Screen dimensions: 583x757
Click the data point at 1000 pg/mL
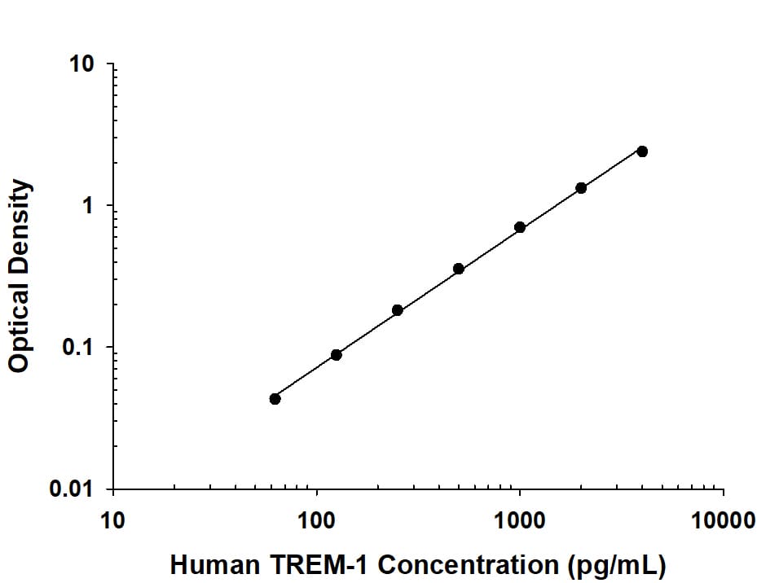520,227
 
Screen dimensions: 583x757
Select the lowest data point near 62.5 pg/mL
275,399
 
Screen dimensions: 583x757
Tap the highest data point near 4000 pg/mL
642,151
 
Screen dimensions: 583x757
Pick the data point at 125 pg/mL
337,355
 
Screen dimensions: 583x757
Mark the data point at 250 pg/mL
398,310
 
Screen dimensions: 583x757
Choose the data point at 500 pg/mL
459,269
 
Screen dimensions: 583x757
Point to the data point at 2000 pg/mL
581,188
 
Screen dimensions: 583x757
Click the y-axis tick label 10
82,64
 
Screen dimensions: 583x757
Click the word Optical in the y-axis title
20,329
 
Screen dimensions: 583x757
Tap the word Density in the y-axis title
20,229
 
